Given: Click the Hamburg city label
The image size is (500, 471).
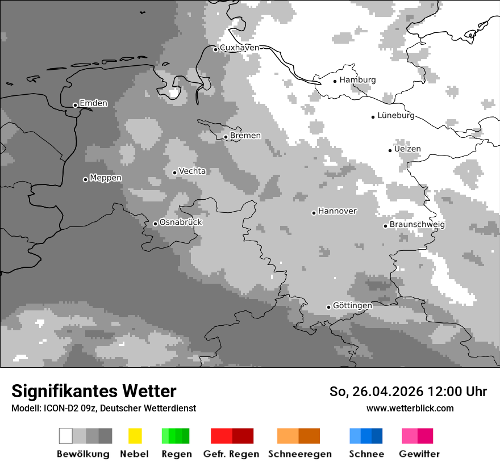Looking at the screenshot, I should (357, 80).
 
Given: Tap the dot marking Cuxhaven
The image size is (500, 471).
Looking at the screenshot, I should (215, 49).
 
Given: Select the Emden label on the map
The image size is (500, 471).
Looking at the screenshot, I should (93, 103).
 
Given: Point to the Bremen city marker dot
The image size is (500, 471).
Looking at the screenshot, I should (226, 137).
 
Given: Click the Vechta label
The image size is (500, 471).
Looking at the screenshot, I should (192, 171).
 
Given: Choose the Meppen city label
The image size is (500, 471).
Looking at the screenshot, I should (106, 178).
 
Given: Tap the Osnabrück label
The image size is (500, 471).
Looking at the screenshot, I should (181, 222).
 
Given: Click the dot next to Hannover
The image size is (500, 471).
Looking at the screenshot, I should (314, 213).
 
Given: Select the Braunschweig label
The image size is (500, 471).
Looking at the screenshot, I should (417, 224).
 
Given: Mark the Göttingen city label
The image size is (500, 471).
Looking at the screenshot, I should (352, 305).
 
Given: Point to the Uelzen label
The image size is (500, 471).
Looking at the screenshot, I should (407, 149).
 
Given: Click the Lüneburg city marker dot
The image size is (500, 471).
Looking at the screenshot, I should (373, 117).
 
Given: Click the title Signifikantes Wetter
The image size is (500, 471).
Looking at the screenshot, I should (94, 391).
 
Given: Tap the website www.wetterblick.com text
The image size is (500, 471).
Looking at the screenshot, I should (410, 408).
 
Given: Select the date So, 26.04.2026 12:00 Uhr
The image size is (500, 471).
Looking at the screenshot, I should (408, 392).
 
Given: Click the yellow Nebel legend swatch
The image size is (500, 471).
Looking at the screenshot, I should (135, 436).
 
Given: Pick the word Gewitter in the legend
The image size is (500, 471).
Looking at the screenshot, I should (419, 454).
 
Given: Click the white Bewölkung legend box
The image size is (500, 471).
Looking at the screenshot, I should (66, 436).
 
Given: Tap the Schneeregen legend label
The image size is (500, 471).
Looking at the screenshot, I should (299, 454).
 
